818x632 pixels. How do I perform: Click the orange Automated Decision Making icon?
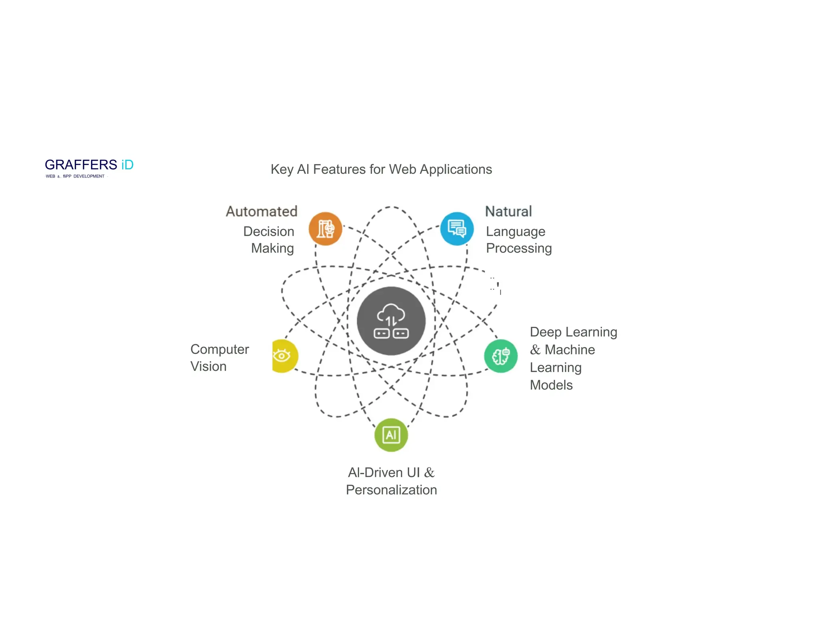(x=325, y=229)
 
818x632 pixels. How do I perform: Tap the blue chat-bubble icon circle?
(x=457, y=229)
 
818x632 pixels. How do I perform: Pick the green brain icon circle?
(x=500, y=356)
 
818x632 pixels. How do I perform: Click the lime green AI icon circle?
(x=391, y=435)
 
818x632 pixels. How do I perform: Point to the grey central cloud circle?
(x=391, y=321)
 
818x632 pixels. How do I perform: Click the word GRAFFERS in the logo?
(x=81, y=165)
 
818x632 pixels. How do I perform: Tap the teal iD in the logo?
(x=127, y=165)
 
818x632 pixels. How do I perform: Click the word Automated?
(x=262, y=211)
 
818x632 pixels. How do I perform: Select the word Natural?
(x=508, y=211)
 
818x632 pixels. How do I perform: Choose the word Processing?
(x=518, y=248)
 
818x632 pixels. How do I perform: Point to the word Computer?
(x=219, y=349)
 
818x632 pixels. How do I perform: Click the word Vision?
(x=208, y=366)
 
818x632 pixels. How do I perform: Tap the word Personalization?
(x=391, y=490)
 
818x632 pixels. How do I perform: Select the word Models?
(x=551, y=385)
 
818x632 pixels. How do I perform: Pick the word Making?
(x=272, y=248)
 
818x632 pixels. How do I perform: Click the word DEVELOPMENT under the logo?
(x=89, y=176)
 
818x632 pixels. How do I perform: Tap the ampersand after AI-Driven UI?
(x=429, y=473)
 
